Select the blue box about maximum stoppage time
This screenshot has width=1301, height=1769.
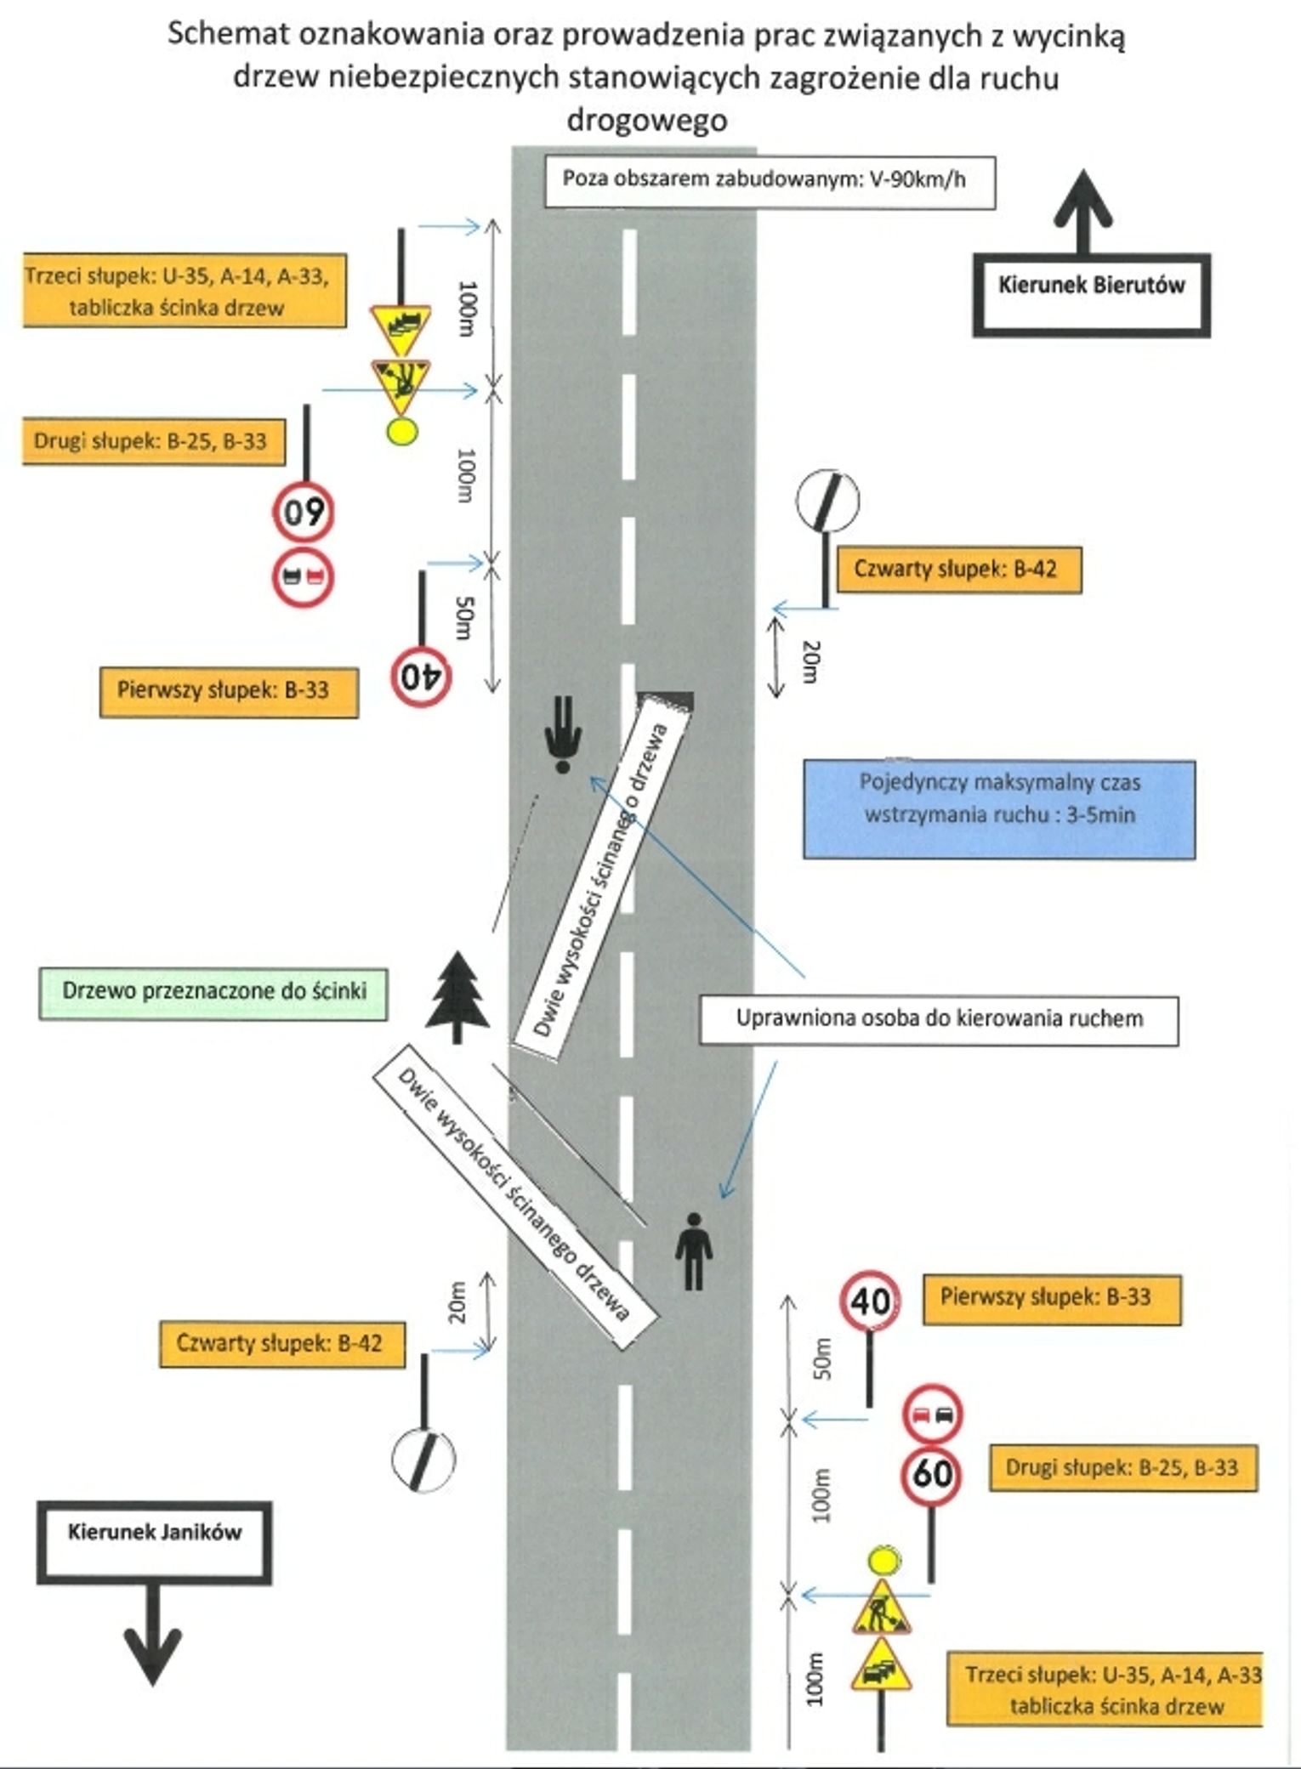coord(999,809)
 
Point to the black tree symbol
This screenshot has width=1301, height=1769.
coord(457,995)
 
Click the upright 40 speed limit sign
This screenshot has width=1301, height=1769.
coord(870,1300)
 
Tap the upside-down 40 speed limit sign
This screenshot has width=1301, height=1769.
coord(422,677)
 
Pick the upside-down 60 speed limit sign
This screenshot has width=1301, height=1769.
coord(304,512)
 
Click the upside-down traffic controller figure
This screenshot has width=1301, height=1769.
coord(562,734)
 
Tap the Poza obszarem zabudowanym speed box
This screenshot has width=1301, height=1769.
coord(769,181)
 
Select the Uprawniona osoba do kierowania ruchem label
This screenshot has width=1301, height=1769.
coord(939,1020)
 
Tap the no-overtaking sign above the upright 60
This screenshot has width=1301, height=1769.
coord(933,1415)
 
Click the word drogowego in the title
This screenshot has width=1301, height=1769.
coord(646,120)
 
